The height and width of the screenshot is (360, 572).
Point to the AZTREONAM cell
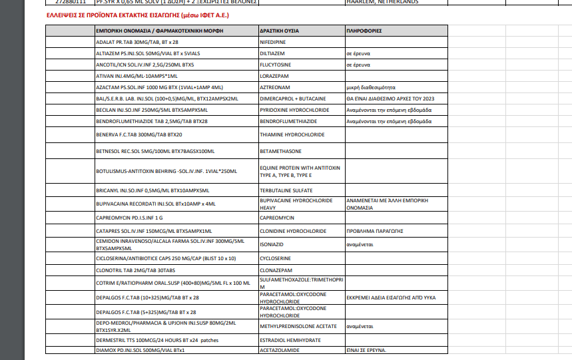(x=274, y=87)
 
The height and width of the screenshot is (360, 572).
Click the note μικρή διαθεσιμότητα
(x=371, y=87)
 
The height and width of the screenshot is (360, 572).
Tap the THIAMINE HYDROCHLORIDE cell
(x=292, y=134)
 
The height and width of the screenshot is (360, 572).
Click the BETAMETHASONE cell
(x=281, y=152)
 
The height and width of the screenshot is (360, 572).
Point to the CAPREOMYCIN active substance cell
(x=276, y=218)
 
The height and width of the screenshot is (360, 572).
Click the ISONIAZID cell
(x=272, y=244)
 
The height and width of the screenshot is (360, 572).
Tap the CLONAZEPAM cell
(x=277, y=270)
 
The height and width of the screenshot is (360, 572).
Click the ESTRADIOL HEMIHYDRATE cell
(x=290, y=339)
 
